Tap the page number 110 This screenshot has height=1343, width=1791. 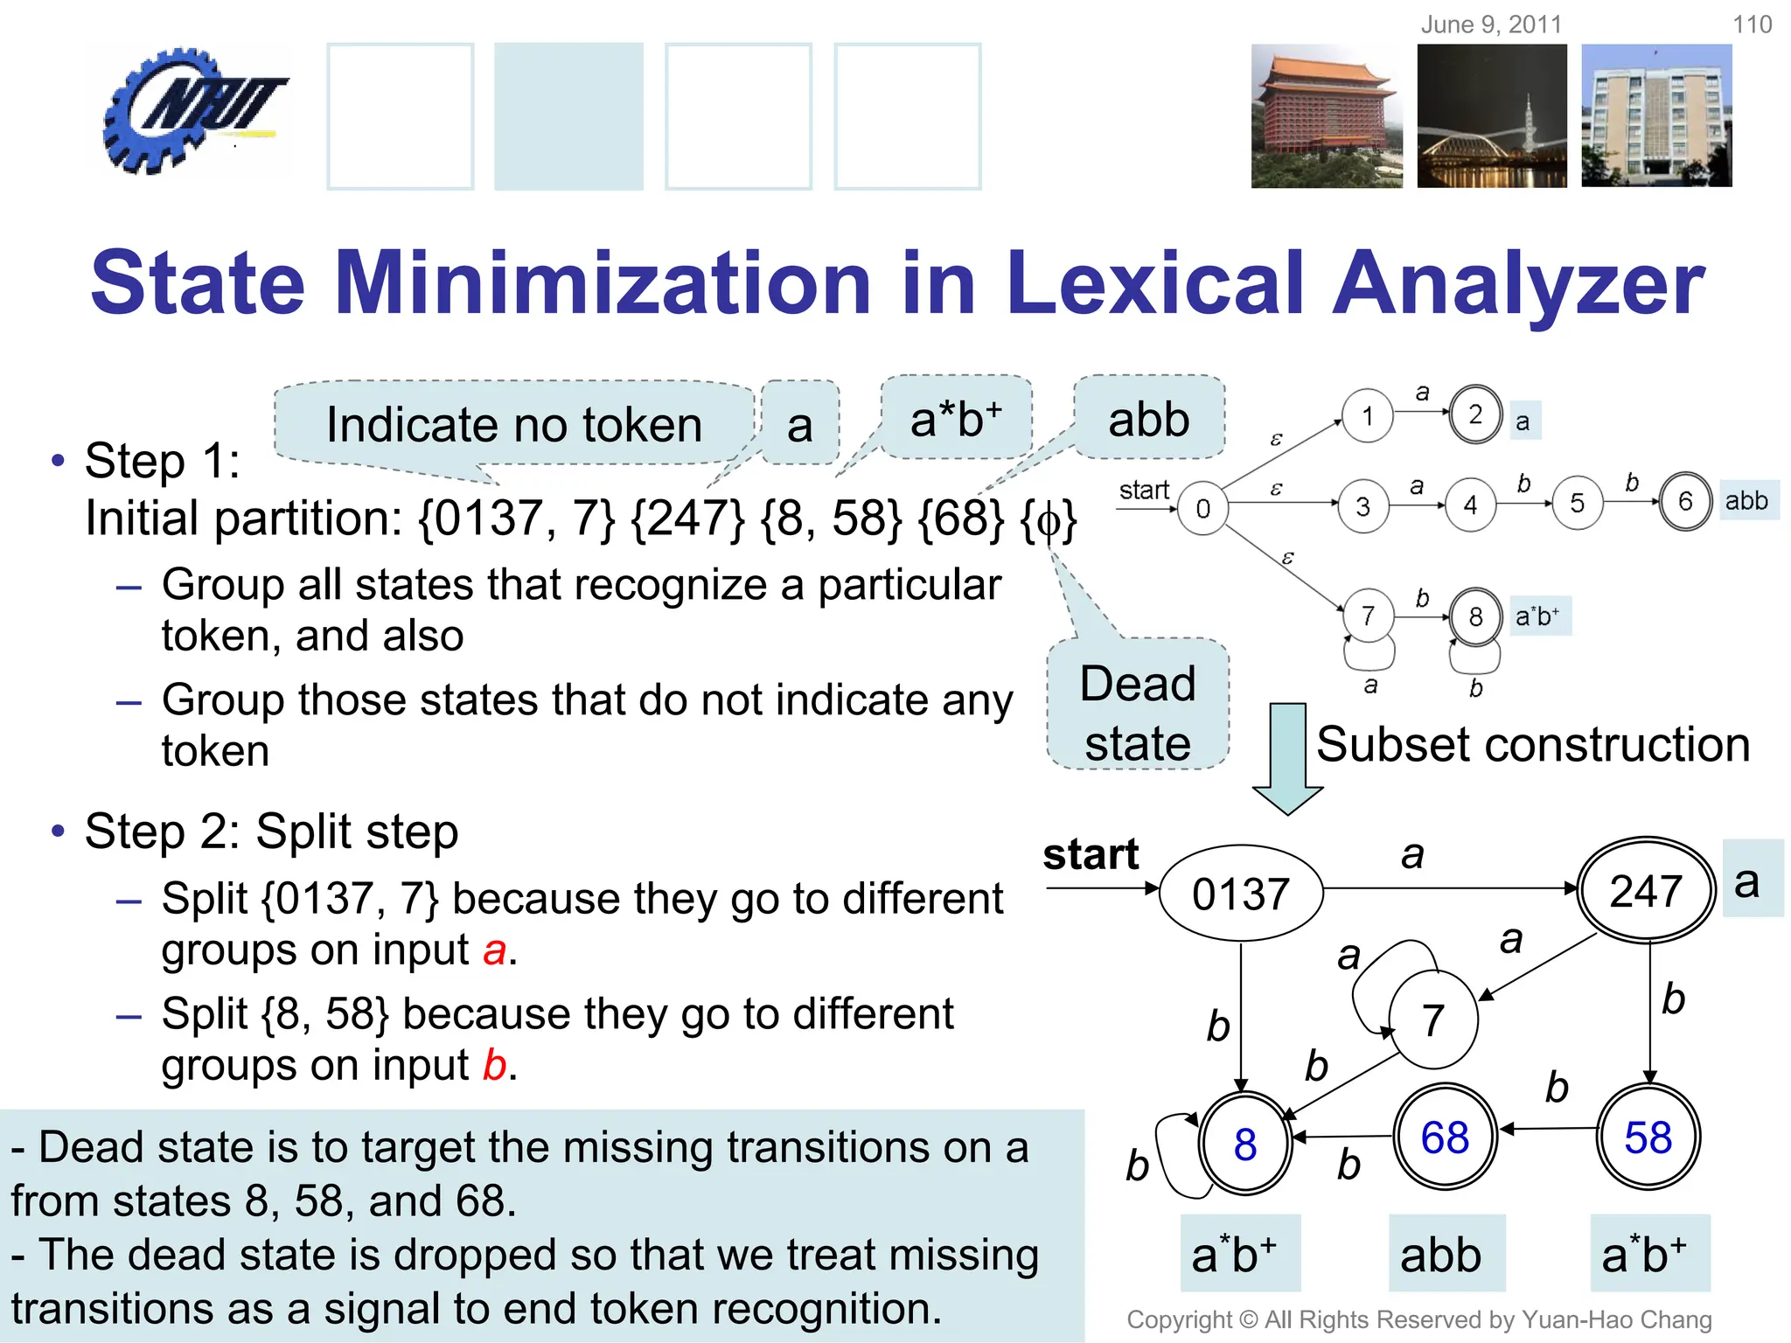[1752, 24]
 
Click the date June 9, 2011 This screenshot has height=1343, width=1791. [1491, 24]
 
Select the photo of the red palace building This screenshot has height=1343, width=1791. [1326, 116]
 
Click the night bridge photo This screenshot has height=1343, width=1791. [1492, 116]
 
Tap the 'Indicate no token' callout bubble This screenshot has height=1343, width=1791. [514, 424]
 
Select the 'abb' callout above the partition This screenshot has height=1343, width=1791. [1148, 420]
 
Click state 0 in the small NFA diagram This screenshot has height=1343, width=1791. [1202, 508]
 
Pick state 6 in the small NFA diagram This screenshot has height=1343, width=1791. [1684, 502]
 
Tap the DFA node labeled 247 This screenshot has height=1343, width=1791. [1646, 890]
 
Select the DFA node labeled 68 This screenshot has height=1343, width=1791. [1445, 1138]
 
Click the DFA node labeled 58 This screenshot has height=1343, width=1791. [1648, 1138]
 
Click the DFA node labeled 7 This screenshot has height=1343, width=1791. [1432, 1019]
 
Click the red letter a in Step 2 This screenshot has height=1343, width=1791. [495, 950]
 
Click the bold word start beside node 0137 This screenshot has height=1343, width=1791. [1091, 854]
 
